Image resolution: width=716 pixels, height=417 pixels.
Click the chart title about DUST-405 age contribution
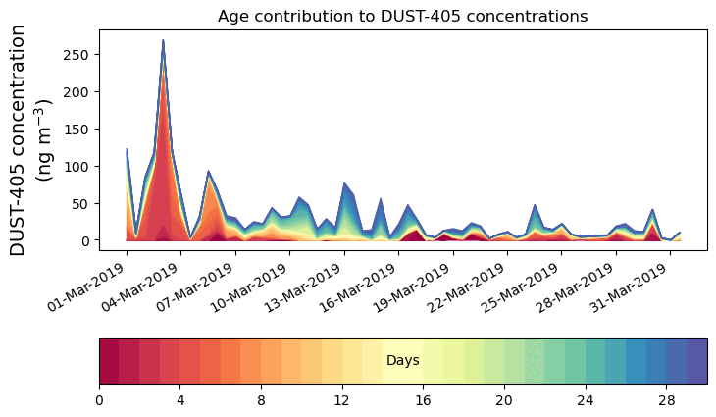click(x=402, y=16)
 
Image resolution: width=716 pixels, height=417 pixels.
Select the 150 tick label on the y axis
click(x=82, y=129)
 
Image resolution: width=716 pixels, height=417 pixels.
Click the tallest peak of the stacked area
click(x=163, y=41)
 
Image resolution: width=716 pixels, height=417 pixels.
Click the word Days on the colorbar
click(x=403, y=361)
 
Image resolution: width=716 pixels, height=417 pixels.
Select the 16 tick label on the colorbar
click(x=424, y=401)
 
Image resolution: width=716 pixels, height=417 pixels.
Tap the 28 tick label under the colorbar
click(x=667, y=401)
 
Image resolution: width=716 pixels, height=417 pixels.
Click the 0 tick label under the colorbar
click(x=99, y=401)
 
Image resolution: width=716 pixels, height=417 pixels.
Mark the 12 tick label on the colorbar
click(x=342, y=401)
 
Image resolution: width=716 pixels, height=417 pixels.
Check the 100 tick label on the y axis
click(x=82, y=166)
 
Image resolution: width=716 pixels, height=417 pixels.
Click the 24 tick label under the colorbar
click(x=586, y=401)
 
